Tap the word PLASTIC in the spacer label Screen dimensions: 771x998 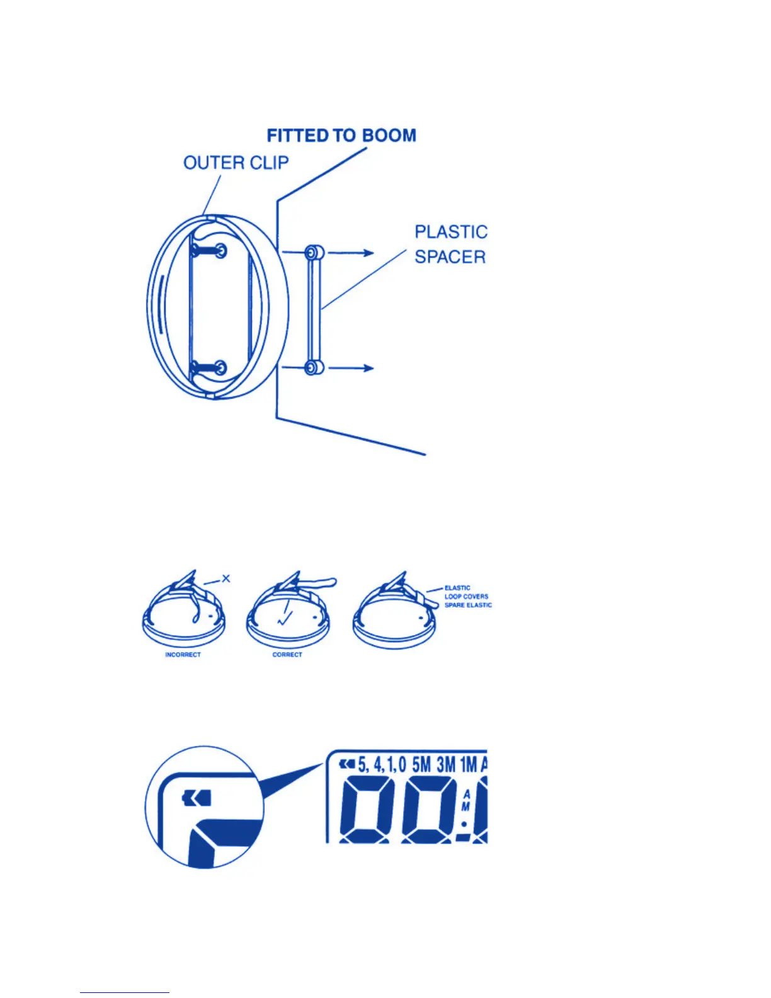pos(451,232)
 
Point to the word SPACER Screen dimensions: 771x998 pos(450,257)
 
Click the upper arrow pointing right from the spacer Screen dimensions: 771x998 pos(351,253)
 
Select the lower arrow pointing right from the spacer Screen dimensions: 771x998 pos(351,367)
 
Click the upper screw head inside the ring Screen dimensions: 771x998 pos(220,250)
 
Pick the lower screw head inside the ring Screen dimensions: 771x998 pos(220,367)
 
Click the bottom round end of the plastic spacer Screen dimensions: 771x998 pos(314,367)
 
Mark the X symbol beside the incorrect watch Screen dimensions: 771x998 pos(226,578)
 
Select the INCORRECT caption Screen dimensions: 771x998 pos(183,655)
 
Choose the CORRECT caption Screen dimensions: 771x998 pos(287,655)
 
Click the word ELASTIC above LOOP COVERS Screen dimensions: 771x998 pos(457,588)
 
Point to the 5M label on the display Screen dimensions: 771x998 pos(421,765)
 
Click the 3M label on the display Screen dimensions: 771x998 pos(446,765)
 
